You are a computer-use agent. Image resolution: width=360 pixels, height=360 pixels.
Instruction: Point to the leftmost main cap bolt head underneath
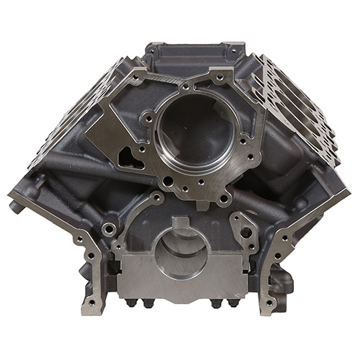[130, 303]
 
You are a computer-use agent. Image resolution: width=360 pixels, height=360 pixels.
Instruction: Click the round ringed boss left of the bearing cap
[109, 229]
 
